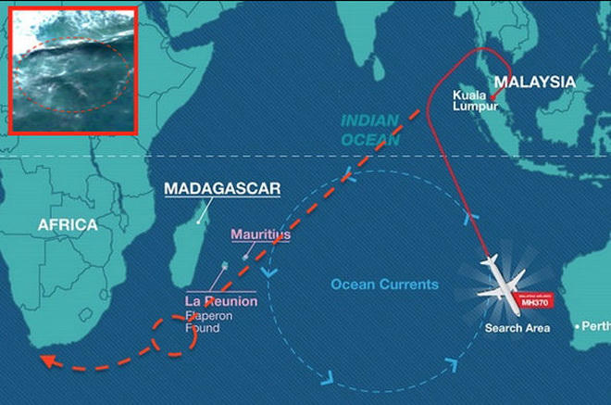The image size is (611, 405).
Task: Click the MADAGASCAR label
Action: tap(209, 188)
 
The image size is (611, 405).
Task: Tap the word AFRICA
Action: tap(67, 225)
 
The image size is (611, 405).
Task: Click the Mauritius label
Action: tap(260, 235)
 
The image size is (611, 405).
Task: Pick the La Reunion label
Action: tap(221, 302)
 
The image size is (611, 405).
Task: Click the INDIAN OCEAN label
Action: tap(369, 130)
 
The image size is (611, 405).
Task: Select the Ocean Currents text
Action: tap(384, 285)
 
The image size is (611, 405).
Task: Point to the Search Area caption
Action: tap(517, 328)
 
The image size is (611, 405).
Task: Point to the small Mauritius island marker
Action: tap(245, 256)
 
